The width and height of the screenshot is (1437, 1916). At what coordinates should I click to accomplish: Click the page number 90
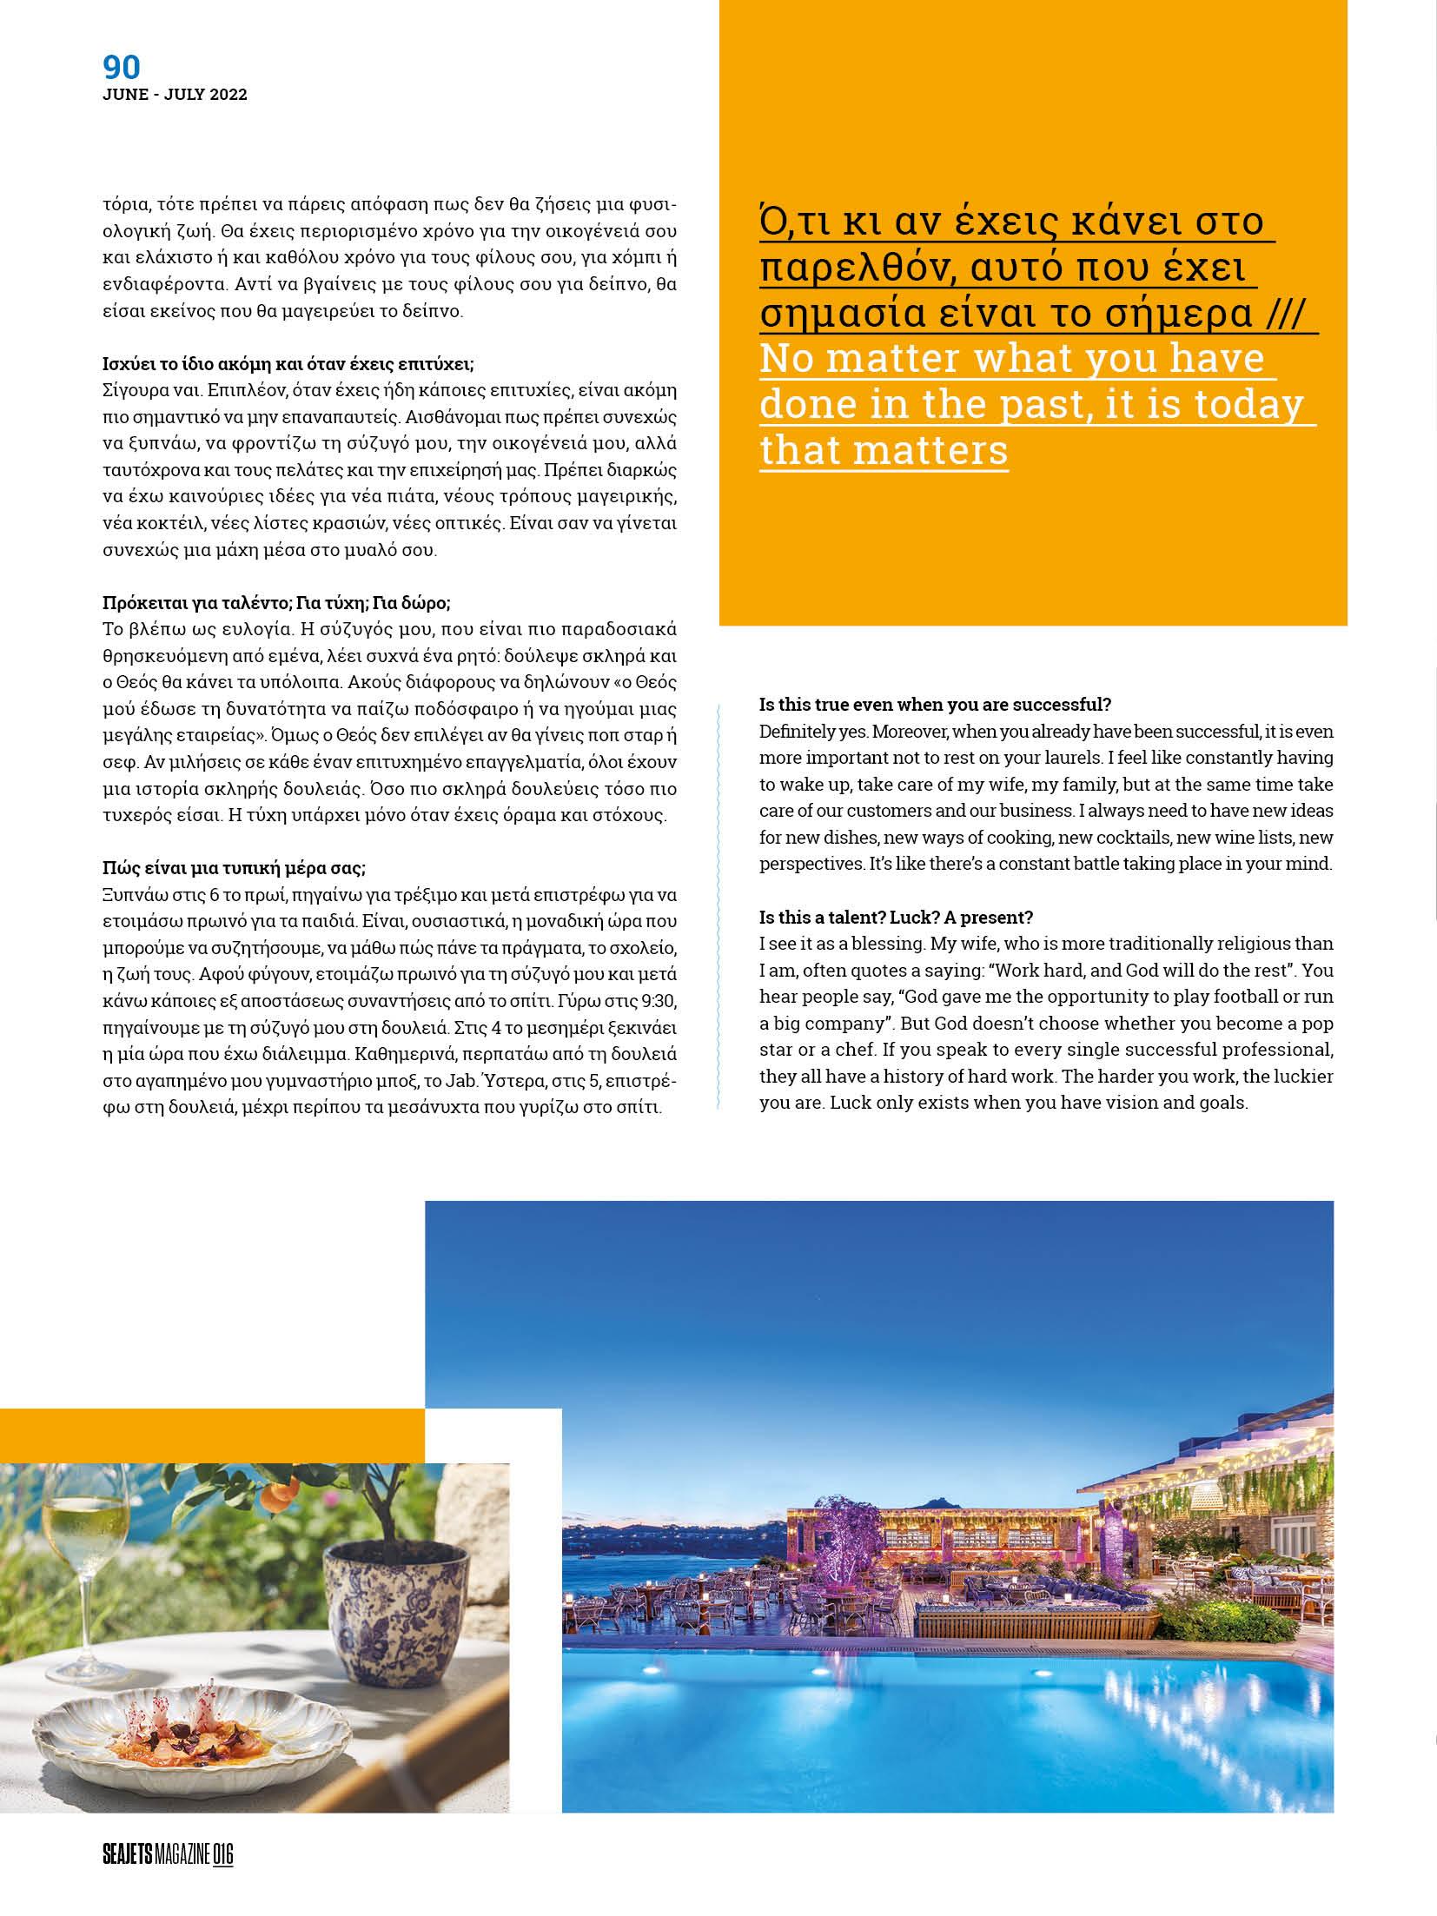click(x=122, y=67)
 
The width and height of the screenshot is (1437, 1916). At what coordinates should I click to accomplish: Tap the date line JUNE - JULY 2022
click(x=175, y=96)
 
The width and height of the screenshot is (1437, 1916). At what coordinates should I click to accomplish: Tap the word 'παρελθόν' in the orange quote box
click(x=847, y=270)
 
